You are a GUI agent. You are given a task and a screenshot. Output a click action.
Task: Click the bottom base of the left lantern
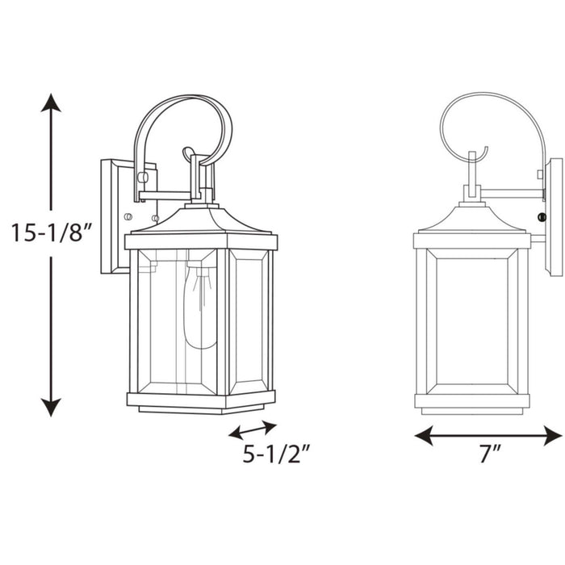pyautogui.click(x=202, y=401)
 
